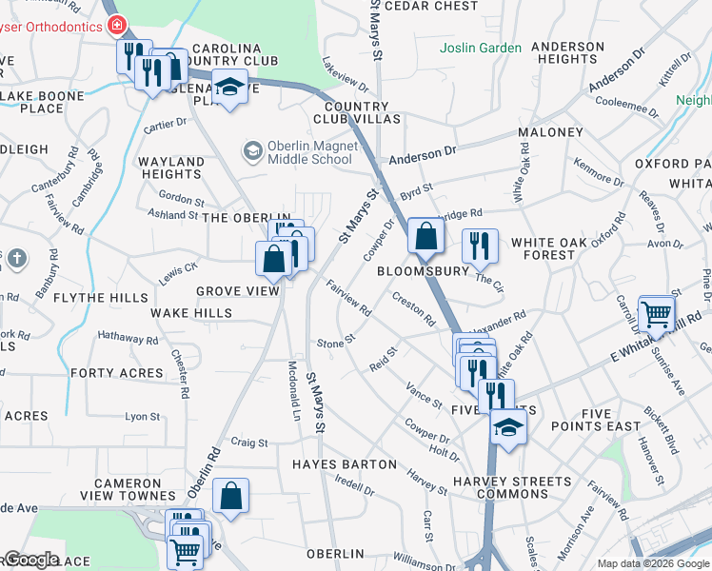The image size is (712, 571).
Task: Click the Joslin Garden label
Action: pyautogui.click(x=480, y=48)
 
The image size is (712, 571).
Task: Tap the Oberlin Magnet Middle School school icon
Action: pyautogui.click(x=252, y=150)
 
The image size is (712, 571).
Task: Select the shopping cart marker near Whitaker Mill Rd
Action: pyautogui.click(x=656, y=311)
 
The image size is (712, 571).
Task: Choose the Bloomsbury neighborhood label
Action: pyautogui.click(x=424, y=271)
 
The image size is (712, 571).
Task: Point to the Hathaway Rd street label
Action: pyautogui.click(x=128, y=338)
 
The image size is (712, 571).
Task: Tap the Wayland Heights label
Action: pyautogui.click(x=171, y=168)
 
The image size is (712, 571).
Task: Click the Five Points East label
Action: pyautogui.click(x=610, y=420)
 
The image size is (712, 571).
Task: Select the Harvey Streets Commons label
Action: pyautogui.click(x=499, y=487)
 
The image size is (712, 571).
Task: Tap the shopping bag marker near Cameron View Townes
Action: pyautogui.click(x=230, y=495)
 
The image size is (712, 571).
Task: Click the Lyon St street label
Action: pyautogui.click(x=143, y=417)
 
